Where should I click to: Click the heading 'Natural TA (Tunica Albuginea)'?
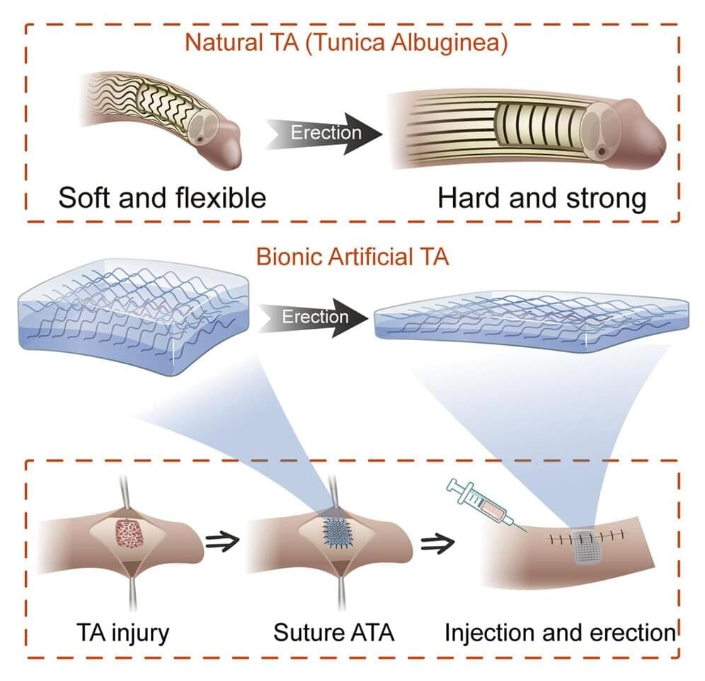346,42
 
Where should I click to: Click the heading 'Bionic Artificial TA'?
352,256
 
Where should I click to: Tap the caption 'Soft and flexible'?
162,197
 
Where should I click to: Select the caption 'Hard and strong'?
541,198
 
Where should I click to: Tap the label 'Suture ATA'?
334,631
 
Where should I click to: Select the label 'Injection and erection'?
560,631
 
